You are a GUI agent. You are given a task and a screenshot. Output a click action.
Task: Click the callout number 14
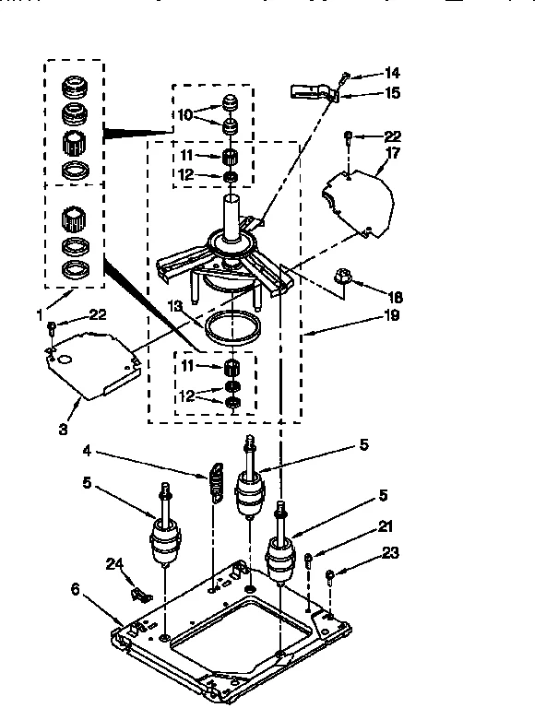click(x=392, y=73)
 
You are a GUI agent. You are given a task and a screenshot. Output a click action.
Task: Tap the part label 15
click(x=392, y=93)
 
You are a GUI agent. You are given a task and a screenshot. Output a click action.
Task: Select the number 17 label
click(x=392, y=154)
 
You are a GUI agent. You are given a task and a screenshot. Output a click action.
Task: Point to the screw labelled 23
click(x=329, y=578)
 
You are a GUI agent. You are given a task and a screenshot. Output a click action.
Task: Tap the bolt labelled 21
click(x=308, y=559)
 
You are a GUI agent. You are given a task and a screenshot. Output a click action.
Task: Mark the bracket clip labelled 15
click(x=310, y=91)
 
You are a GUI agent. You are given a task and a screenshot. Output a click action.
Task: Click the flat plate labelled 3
click(x=92, y=361)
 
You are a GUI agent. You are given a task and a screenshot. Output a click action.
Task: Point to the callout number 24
click(x=113, y=562)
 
